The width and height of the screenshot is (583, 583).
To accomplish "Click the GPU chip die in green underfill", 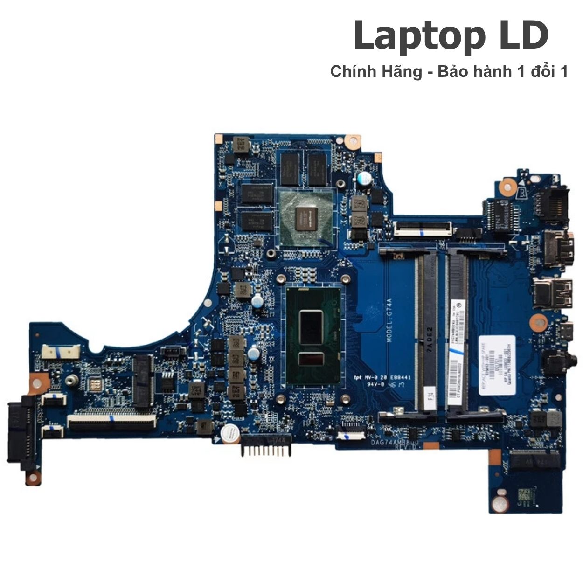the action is (306, 218).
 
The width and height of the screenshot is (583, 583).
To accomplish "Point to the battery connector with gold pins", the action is (264, 448).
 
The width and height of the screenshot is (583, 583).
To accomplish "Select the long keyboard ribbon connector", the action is (111, 422).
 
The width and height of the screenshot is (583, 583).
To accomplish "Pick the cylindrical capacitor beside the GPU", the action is (364, 178).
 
